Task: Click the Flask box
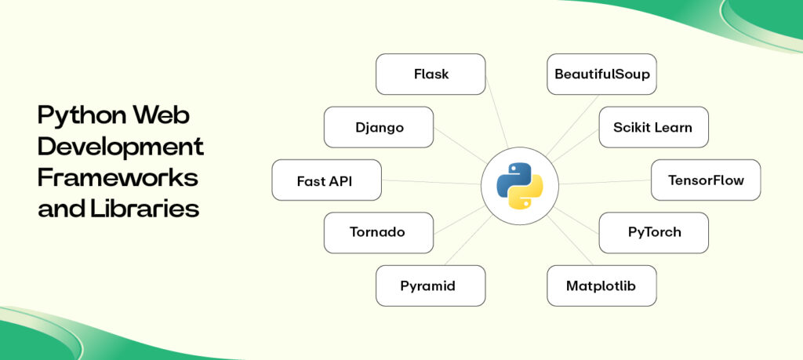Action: pos(431,75)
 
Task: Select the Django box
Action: pos(379,127)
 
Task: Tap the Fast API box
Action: pos(326,180)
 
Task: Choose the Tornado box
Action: pos(379,233)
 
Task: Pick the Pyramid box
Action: pos(431,285)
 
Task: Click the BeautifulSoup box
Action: pos(601,75)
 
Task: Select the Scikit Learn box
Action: pos(653,127)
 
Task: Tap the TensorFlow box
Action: pos(706,180)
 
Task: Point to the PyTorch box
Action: pos(653,233)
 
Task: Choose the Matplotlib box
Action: pos(601,285)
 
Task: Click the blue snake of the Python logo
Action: pos(512,176)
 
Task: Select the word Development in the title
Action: pos(121,147)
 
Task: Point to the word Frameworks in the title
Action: pos(118,178)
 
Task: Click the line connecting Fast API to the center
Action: pos(431,182)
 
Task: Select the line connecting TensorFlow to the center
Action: pos(604,182)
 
